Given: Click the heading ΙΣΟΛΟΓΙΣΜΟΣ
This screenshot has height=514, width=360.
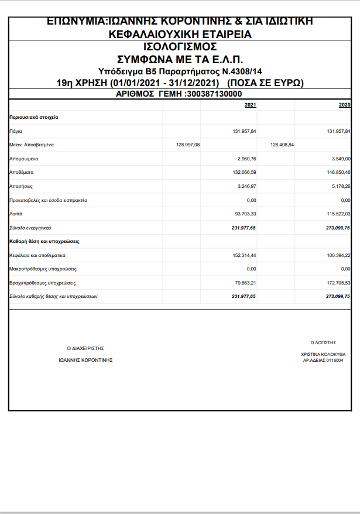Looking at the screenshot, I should (180, 47).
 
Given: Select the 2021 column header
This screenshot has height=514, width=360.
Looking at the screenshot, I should (250, 105).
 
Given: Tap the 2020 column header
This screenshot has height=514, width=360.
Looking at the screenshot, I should (344, 105).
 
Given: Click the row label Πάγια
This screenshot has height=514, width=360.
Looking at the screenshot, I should (16, 131).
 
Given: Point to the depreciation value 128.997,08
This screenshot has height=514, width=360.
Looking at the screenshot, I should (187, 145).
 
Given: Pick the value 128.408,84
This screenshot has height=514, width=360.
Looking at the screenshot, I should (282, 145).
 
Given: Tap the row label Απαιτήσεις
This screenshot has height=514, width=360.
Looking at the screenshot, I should (21, 186).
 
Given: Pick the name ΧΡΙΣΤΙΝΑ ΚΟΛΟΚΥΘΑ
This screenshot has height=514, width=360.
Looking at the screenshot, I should (323, 354).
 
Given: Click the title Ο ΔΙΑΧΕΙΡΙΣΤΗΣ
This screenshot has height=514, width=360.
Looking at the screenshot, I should (85, 348).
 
